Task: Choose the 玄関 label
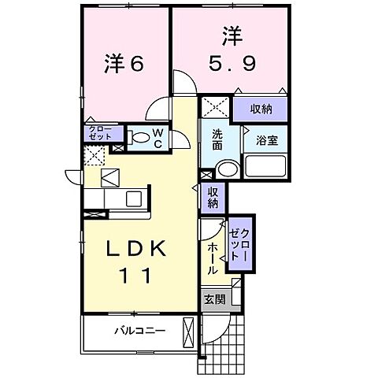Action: point(214,299)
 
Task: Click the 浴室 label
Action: point(265,141)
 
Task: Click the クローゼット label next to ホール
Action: point(239,243)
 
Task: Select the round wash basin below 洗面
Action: point(228,169)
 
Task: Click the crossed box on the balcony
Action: point(187,330)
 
